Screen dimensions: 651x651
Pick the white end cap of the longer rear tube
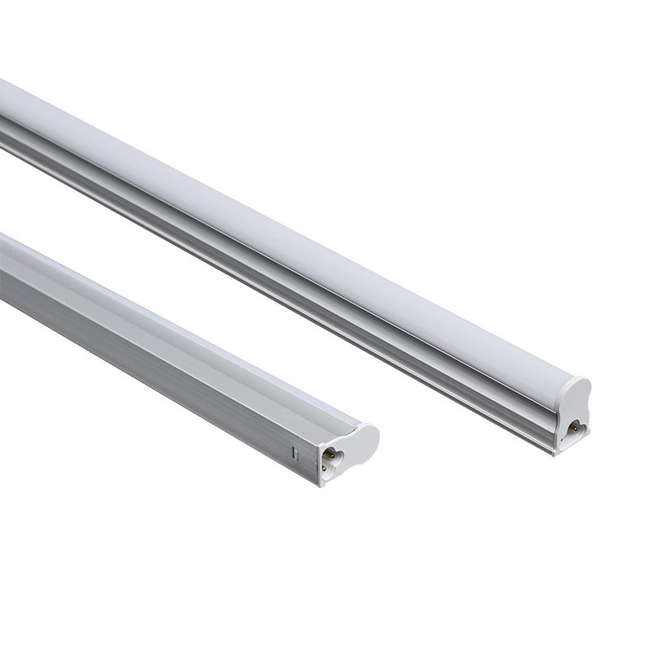[575, 411]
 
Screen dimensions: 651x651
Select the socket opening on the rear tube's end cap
[575, 424]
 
